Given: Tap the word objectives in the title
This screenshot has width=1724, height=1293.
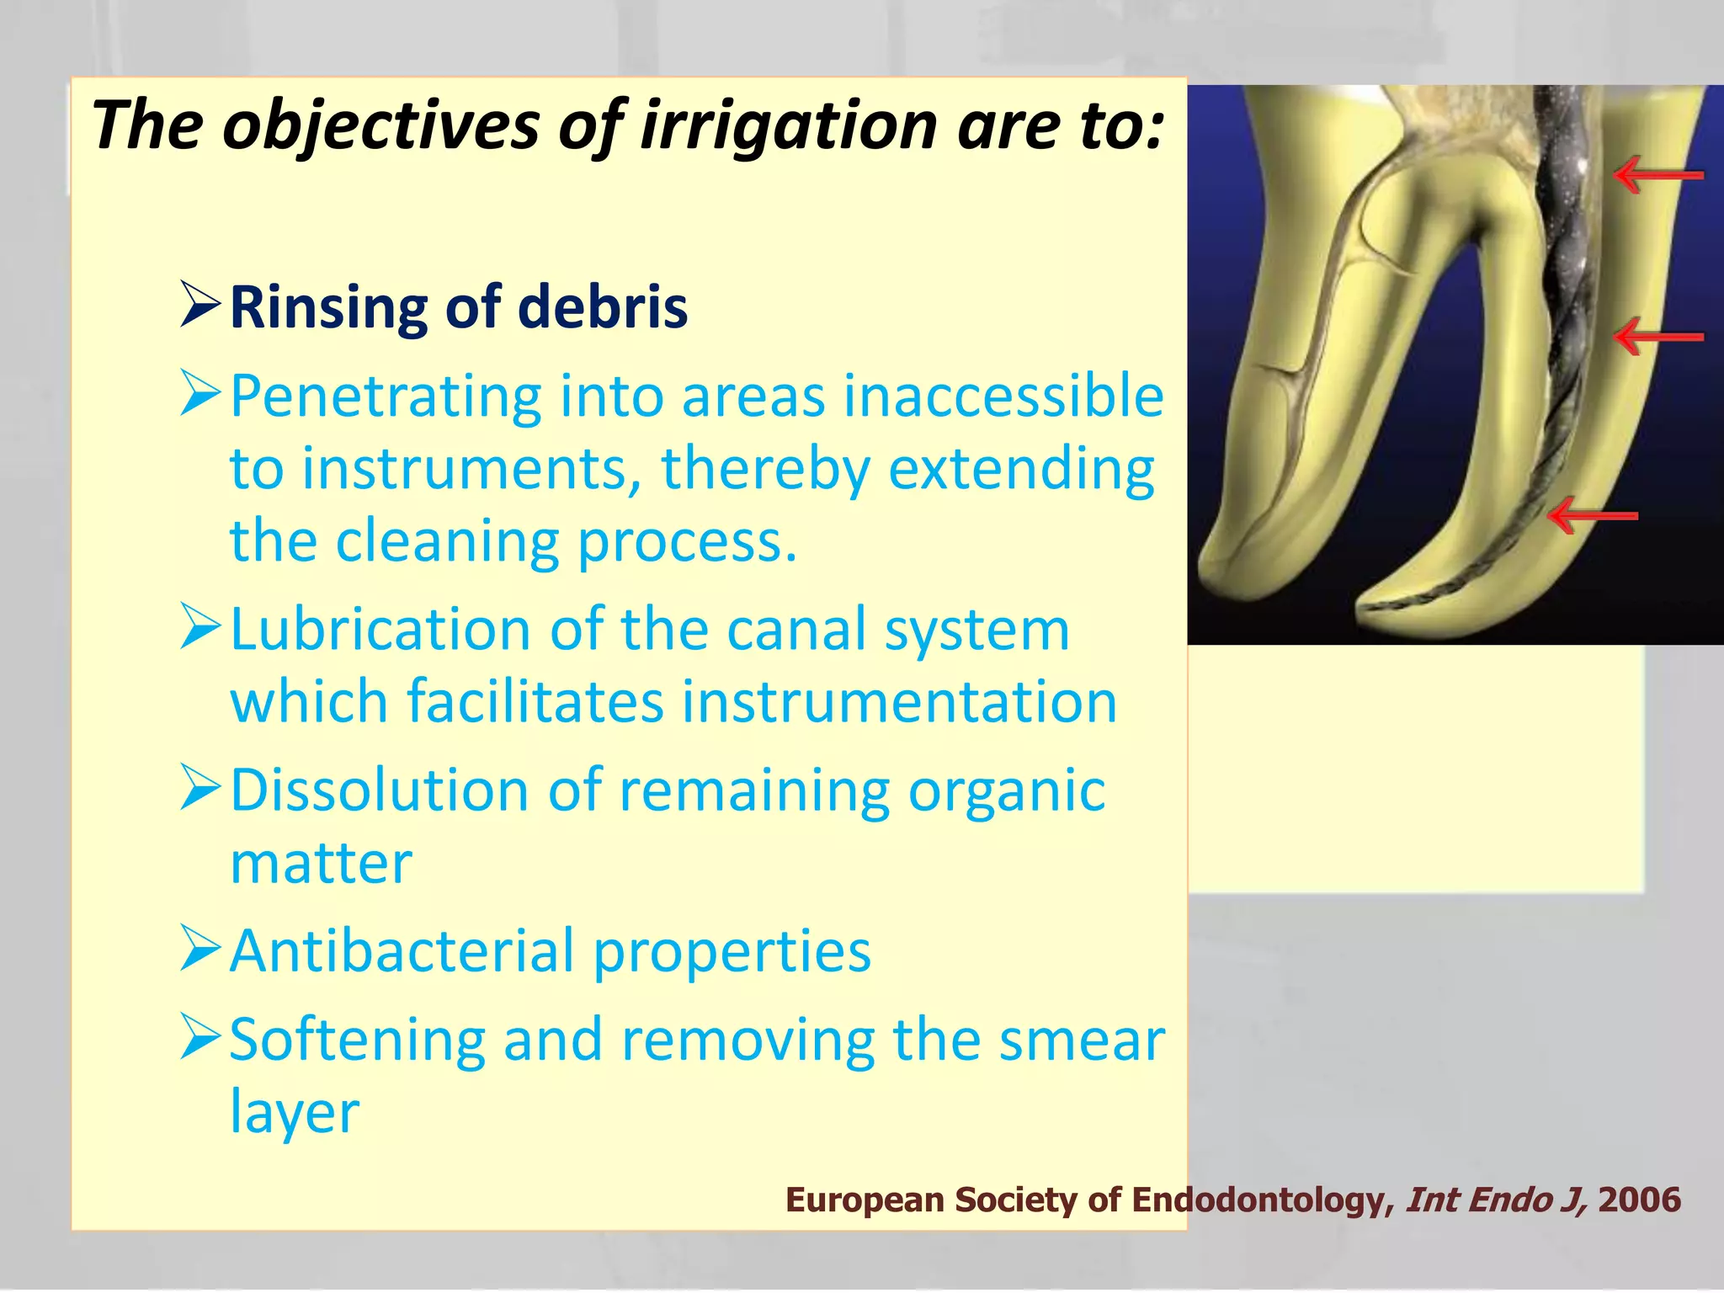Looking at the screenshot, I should pos(380,125).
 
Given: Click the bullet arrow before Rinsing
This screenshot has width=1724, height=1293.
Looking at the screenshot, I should pos(200,306).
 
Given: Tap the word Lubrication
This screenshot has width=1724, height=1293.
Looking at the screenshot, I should pos(380,630).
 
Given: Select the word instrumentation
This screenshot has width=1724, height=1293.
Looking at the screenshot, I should pos(899,701).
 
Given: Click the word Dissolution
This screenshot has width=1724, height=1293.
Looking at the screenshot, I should pos(380,790).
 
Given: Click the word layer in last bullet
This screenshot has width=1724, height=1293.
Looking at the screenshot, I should pos(295,1113).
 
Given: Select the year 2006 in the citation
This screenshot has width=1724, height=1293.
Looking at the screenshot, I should pos(1639,1200).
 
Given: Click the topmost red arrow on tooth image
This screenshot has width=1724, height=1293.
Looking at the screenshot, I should pos(1657,175).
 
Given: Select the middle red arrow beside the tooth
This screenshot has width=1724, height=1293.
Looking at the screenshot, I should pos(1657,337).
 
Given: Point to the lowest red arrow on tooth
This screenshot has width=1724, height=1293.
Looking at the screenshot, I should pos(1593,515).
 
